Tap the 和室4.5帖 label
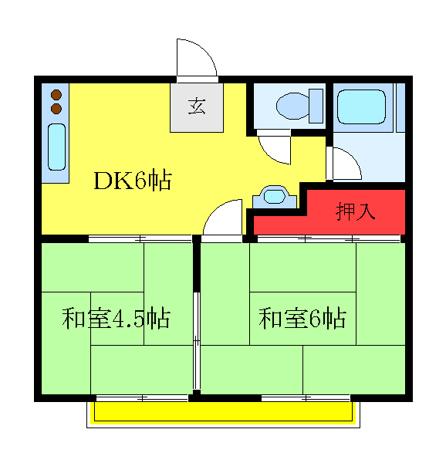(x=116, y=318)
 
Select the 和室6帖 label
(x=302, y=318)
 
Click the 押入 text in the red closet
(x=355, y=211)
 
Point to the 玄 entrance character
(x=198, y=107)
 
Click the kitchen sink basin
(x=56, y=147)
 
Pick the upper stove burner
(x=56, y=95)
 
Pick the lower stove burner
(x=56, y=109)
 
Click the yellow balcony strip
(x=223, y=412)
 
